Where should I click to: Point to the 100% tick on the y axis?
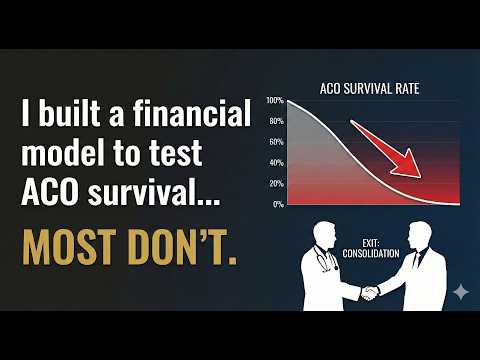tap(276, 102)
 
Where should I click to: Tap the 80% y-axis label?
tap(277, 122)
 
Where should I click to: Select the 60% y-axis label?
tap(277, 143)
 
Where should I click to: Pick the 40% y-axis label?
tap(277, 163)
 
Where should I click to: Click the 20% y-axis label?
tap(277, 184)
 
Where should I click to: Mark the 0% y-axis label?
tap(279, 204)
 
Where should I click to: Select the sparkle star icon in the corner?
tap(460, 291)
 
